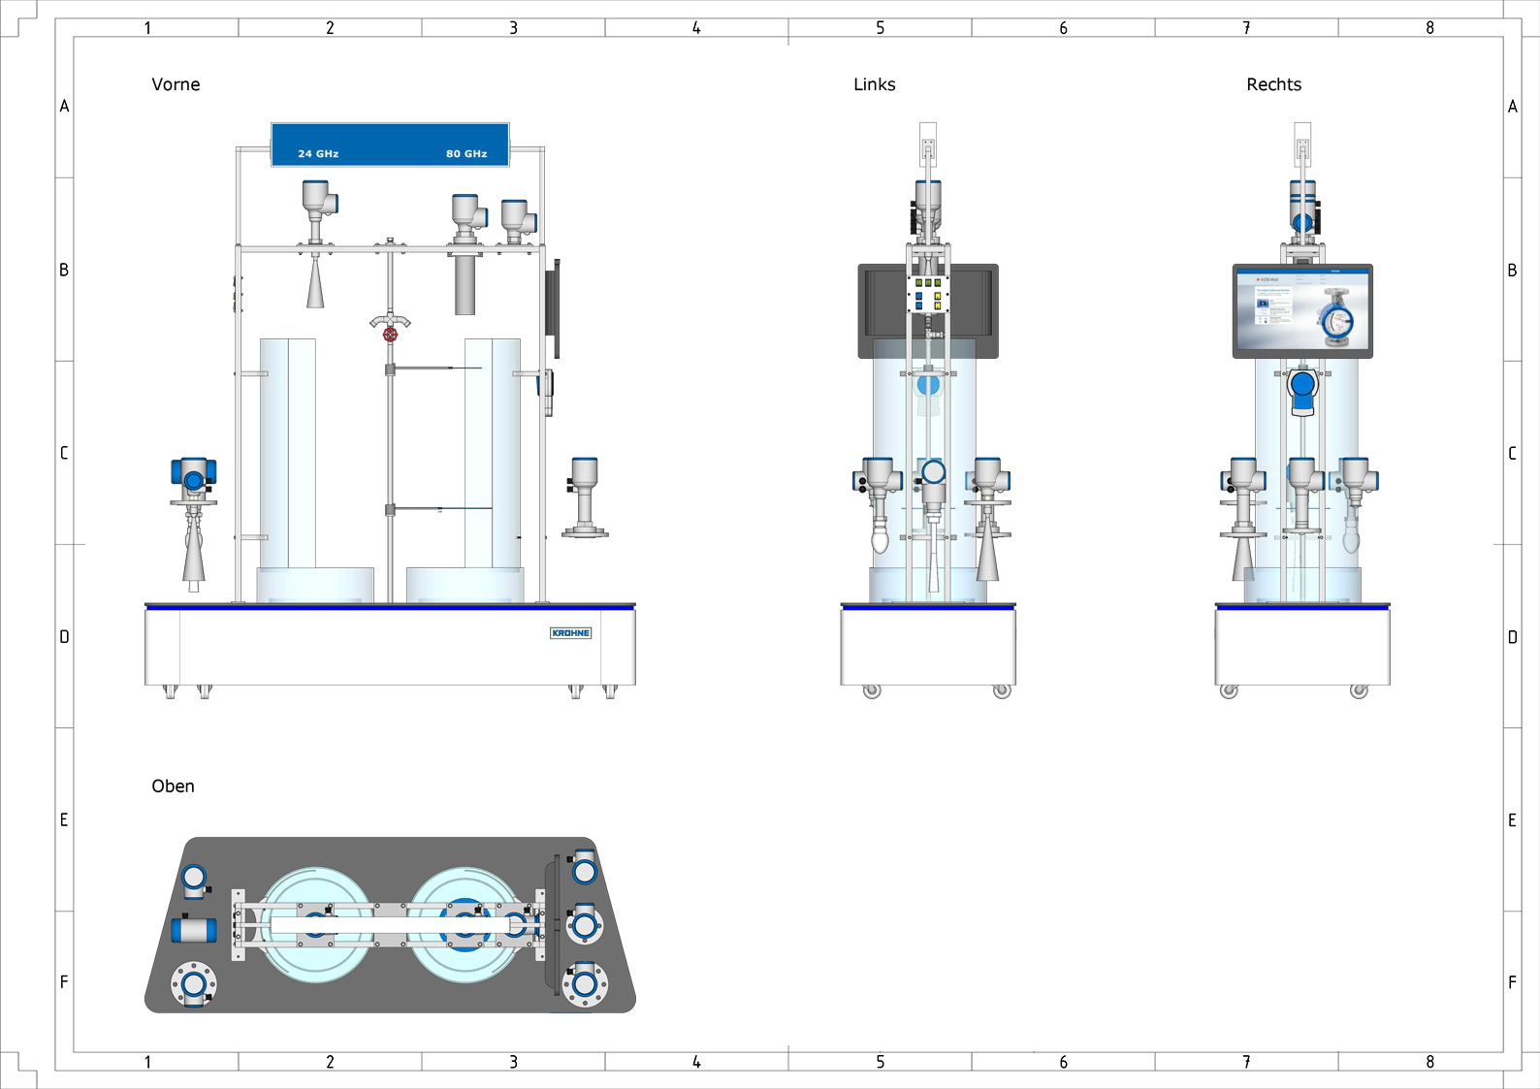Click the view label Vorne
tap(176, 84)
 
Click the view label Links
tap(874, 84)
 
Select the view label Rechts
tap(1273, 84)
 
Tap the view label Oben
tap(173, 786)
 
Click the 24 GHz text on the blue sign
tap(318, 153)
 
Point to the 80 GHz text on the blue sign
tap(466, 153)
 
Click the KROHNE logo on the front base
tap(570, 633)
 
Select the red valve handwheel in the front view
tap(390, 335)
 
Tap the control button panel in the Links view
tap(928, 295)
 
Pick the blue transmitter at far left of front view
tap(193, 475)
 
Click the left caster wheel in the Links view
tap(872, 691)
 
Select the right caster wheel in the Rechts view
tap(1359, 691)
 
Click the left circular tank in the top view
tap(315, 924)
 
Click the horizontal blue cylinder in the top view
tap(194, 930)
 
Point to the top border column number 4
tap(696, 28)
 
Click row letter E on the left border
tap(64, 820)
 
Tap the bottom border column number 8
tap(1429, 1062)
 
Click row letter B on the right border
tap(1512, 271)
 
